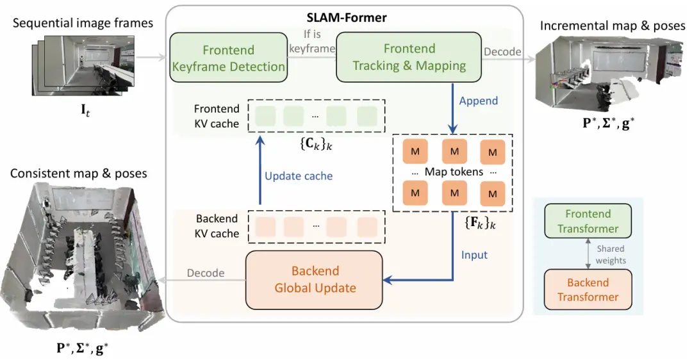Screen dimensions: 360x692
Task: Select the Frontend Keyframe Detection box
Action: pyautogui.click(x=228, y=58)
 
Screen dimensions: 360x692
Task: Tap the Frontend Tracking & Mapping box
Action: pyautogui.click(x=409, y=58)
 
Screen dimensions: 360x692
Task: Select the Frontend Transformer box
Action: pyautogui.click(x=588, y=221)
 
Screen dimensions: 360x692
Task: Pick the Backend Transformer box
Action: pyautogui.click(x=588, y=290)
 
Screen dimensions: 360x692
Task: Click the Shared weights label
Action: pyautogui.click(x=610, y=254)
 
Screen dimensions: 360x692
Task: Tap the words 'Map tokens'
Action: pyautogui.click(x=454, y=172)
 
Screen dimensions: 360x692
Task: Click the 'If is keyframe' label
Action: pyautogui.click(x=312, y=41)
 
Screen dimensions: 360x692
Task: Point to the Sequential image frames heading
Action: pyautogui.click(x=83, y=23)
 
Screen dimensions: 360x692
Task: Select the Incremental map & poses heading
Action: pyautogui.click(x=613, y=26)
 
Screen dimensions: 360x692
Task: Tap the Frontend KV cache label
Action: pyautogui.click(x=217, y=116)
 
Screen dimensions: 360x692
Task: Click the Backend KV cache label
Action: pyautogui.click(x=217, y=225)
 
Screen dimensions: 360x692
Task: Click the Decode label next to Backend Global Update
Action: pyautogui.click(x=205, y=273)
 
